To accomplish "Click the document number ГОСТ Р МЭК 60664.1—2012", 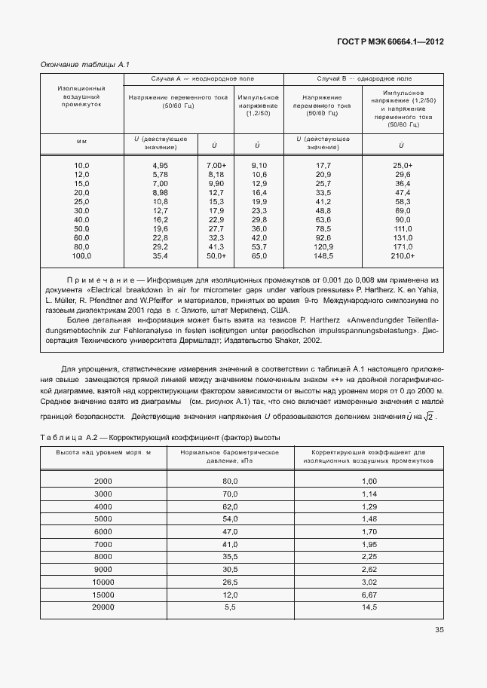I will [x=390, y=41].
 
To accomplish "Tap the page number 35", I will [x=439, y=631].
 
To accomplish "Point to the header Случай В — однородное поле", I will [x=363, y=78].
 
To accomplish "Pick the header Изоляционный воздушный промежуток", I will [x=81, y=96].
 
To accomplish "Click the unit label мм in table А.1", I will [x=81, y=141].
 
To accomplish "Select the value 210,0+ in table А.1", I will [x=403, y=256].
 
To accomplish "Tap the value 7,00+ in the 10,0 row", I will [x=216, y=165].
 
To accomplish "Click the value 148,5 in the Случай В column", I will [x=323, y=256].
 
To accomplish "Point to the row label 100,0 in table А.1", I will [x=81, y=256].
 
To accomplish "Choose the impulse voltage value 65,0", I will [x=259, y=256].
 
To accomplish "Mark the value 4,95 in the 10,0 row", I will [x=160, y=165].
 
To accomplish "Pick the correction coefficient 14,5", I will [x=369, y=607].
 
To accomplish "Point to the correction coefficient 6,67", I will [x=369, y=595].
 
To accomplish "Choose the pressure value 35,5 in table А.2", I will [x=230, y=557].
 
